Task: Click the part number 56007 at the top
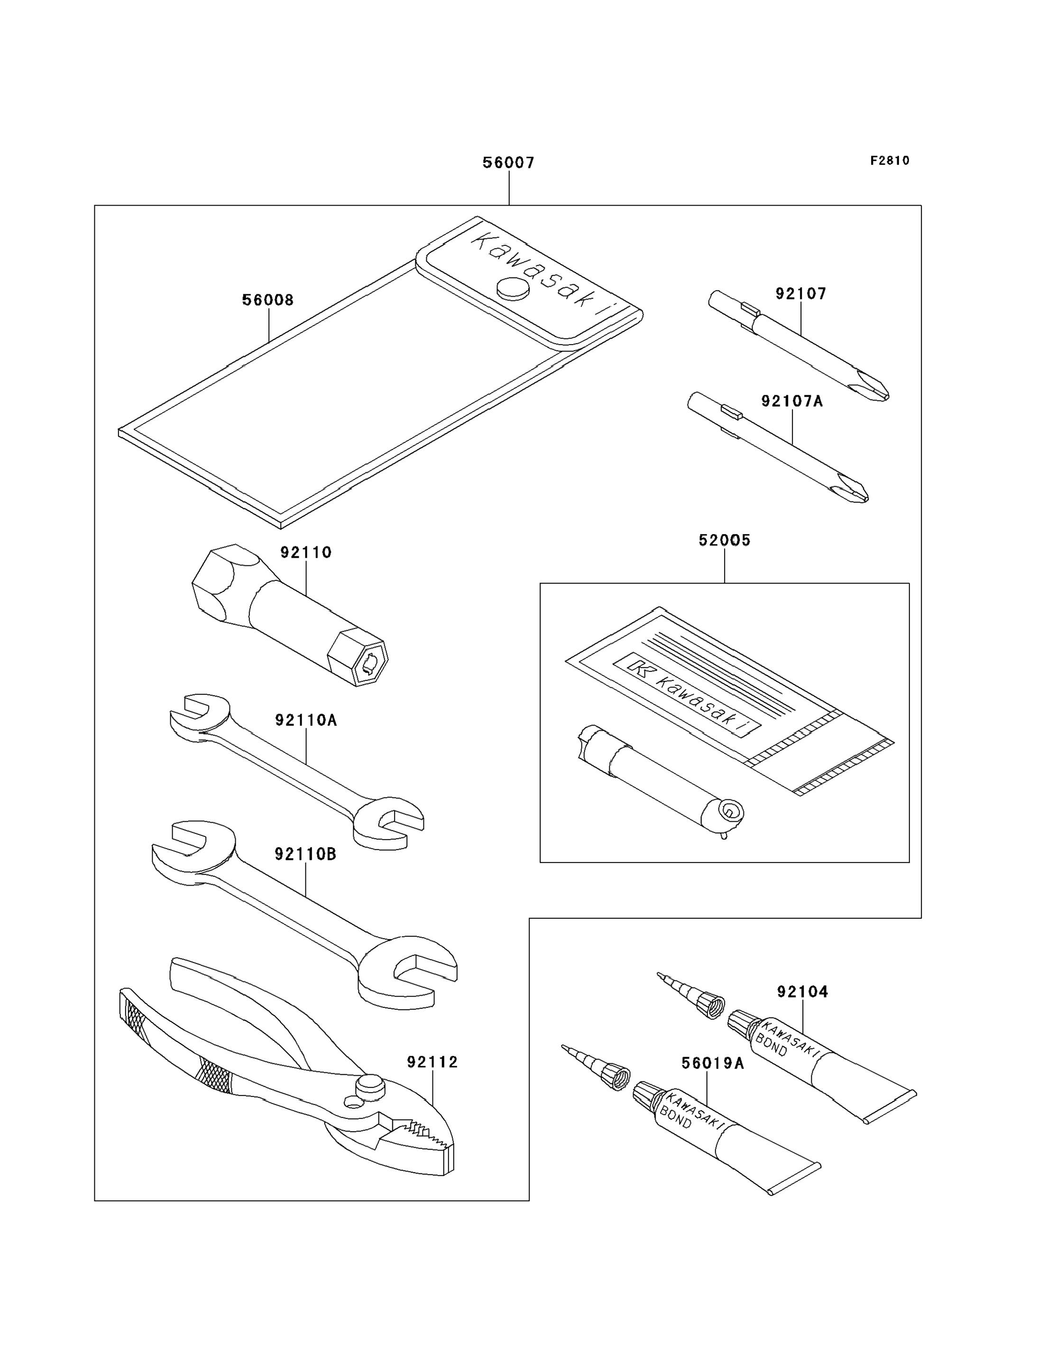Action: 508,163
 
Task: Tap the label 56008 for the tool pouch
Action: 267,300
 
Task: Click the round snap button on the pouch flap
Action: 513,289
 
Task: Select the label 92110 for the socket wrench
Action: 305,553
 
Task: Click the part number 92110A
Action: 305,721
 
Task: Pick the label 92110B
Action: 305,854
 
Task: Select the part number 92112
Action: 432,1062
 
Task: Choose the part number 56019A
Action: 712,1063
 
